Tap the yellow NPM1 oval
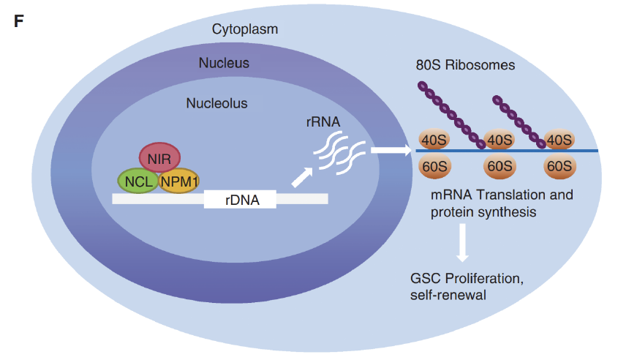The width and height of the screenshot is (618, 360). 179,180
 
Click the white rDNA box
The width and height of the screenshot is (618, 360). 240,198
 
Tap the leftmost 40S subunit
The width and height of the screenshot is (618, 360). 434,139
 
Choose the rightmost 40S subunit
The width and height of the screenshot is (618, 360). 559,139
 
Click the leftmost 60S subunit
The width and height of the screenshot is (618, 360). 434,167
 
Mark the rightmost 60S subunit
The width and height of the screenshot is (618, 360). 559,167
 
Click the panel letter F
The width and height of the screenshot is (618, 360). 19,20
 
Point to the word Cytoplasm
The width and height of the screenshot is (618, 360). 244,30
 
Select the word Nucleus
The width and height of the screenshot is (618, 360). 224,63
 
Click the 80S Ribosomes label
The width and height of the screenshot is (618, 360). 465,65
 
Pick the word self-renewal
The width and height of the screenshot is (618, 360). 448,295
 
